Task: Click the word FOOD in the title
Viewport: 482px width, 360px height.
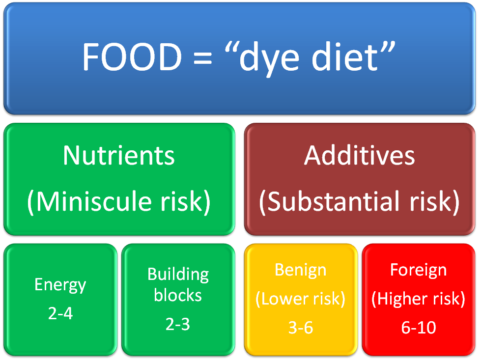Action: (132, 57)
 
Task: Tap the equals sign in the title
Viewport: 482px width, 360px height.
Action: (202, 58)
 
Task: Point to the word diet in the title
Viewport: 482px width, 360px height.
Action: (344, 57)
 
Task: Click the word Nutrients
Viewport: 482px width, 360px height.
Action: (118, 155)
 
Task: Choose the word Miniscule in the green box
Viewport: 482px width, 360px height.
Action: (93, 201)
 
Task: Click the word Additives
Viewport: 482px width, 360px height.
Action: (359, 155)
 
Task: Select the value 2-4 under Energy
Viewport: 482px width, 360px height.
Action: (60, 313)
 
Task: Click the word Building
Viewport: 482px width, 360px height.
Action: (178, 275)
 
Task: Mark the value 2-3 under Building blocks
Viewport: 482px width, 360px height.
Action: (178, 324)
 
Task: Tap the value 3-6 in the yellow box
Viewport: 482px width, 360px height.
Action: (301, 328)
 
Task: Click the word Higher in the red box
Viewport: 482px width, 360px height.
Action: (403, 299)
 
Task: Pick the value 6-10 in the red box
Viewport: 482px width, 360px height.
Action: (418, 328)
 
